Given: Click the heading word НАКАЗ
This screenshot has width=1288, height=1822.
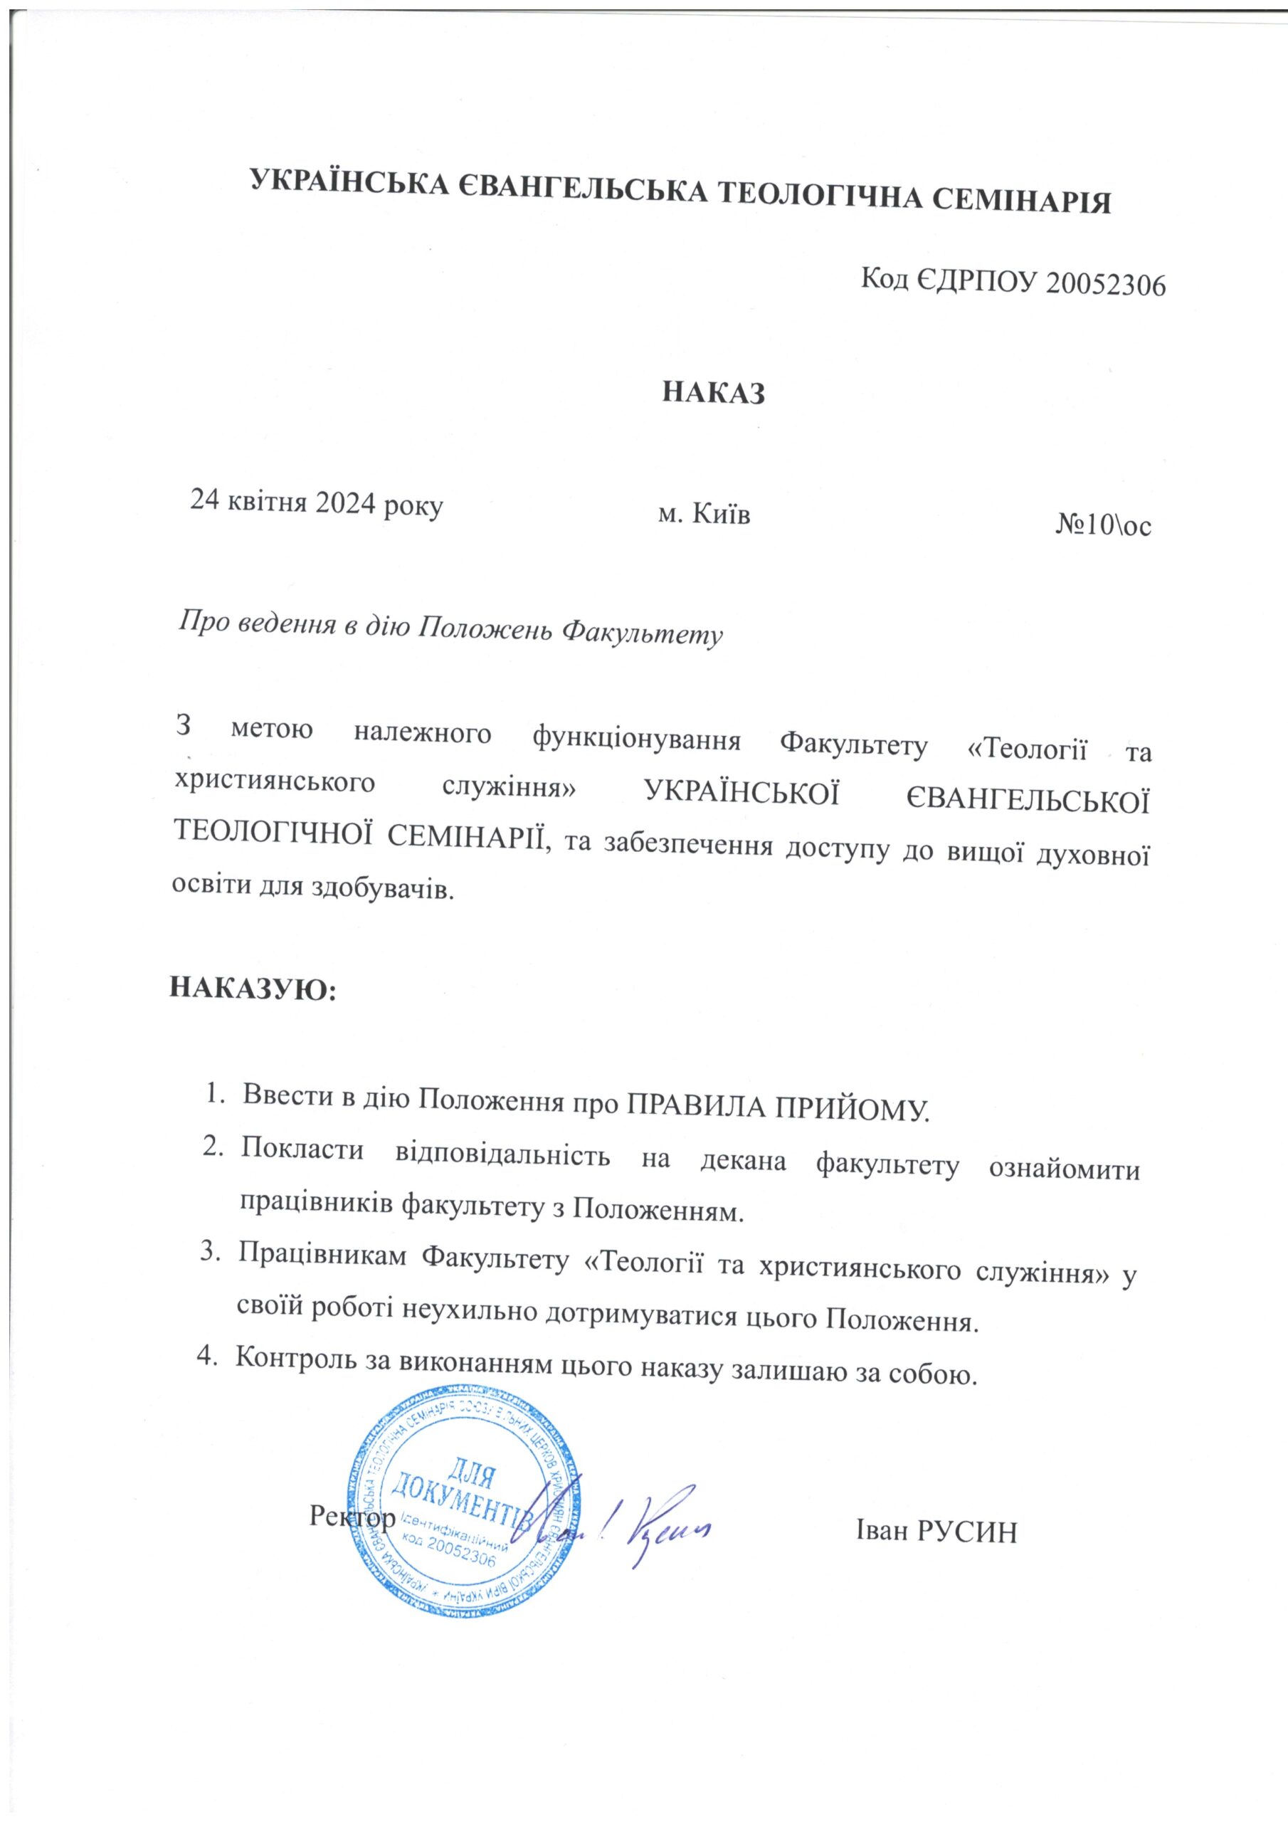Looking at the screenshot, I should (x=714, y=393).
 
